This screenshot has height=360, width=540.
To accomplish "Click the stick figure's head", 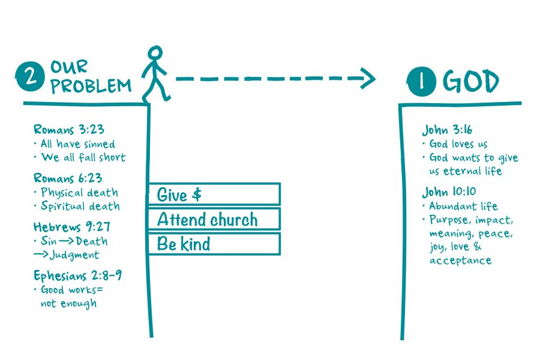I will click(155, 53).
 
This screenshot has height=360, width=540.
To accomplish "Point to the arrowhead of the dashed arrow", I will click(367, 79).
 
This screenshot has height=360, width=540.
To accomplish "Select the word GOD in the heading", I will click(471, 82).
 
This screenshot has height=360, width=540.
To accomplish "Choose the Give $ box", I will click(214, 194).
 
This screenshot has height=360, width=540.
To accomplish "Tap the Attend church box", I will click(214, 219).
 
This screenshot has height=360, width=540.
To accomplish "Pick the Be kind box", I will click(214, 244).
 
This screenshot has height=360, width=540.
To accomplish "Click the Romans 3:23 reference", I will click(68, 130).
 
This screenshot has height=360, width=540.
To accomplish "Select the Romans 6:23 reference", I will click(68, 178).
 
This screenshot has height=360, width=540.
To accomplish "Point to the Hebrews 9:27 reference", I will click(70, 227).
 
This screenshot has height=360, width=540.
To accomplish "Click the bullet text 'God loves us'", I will click(458, 144).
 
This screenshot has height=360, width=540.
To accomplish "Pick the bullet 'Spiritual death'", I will click(80, 206).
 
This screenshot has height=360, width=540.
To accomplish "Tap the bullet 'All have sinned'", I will click(77, 144).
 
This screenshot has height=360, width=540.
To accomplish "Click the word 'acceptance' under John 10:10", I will click(460, 260).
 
